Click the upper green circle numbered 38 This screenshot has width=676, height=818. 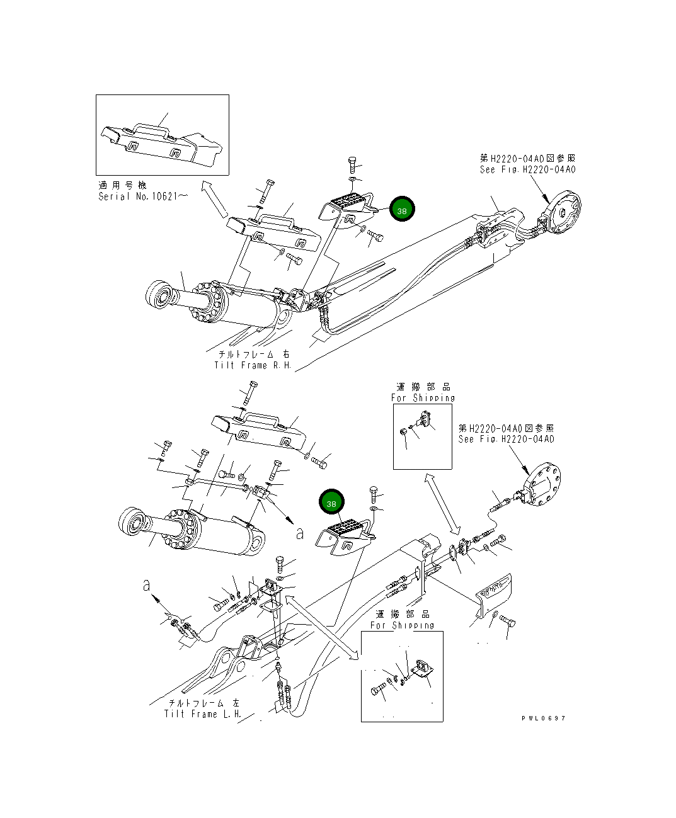coord(402,209)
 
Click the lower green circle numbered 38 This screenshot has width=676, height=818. coord(331,501)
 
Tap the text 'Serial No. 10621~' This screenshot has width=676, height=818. coord(143,196)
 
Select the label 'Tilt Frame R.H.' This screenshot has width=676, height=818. coord(253,365)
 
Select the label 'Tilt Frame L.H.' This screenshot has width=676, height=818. coord(203,714)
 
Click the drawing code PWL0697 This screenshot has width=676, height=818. coord(544,718)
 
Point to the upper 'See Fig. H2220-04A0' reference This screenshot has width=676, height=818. coord(527,169)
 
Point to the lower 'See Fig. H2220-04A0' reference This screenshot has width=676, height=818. coord(507,439)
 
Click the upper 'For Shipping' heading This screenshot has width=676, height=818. coord(423,397)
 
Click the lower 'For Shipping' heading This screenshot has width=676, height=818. coord(402,625)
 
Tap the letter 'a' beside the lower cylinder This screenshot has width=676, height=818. coord(300,533)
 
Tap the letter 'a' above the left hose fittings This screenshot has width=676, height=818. coord(146,585)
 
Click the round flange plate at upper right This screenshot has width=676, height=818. coord(564,212)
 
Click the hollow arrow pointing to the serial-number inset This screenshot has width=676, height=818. coord(214,198)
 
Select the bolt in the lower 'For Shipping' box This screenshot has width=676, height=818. coord(378,689)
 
